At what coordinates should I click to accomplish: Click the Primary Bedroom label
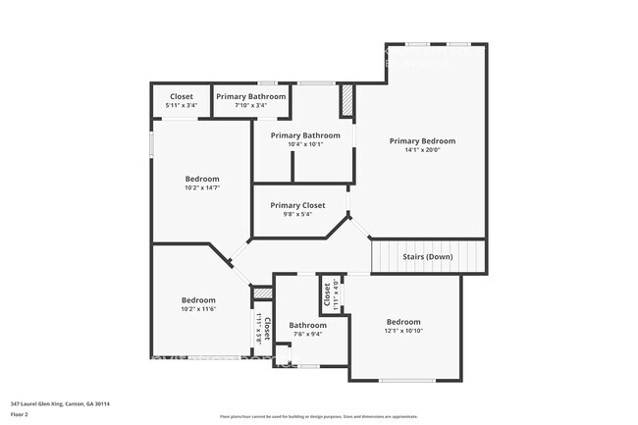[422, 140]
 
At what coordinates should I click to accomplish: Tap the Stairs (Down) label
[428, 257]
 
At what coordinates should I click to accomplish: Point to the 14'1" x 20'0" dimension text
[422, 150]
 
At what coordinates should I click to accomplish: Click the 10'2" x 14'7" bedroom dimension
[202, 187]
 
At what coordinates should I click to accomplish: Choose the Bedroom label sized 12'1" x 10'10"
[402, 322]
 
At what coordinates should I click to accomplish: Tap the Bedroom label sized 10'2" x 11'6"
[198, 299]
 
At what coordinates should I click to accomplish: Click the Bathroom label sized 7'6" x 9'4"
[307, 325]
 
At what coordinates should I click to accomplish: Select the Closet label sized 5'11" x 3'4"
[182, 96]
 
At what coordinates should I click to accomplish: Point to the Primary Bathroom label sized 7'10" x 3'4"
[251, 96]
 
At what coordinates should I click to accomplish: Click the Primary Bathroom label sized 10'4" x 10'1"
[305, 134]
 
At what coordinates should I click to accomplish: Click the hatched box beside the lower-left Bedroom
[262, 293]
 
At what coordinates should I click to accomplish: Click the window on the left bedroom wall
[151, 143]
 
